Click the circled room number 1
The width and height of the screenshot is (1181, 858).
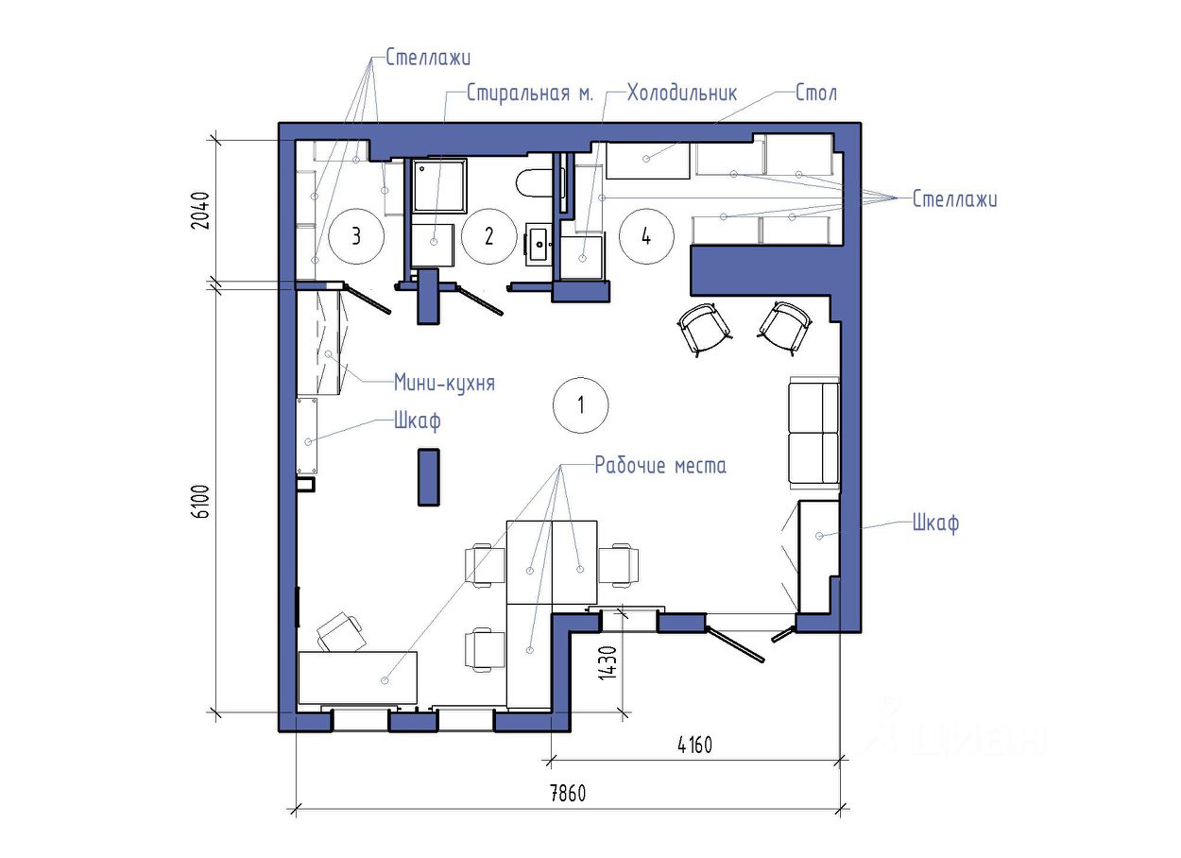pyautogui.click(x=580, y=405)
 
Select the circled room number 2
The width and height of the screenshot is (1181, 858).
pyautogui.click(x=488, y=236)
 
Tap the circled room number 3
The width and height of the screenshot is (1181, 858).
pyautogui.click(x=356, y=236)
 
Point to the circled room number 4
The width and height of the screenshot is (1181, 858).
pyautogui.click(x=646, y=236)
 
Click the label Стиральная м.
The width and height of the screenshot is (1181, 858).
pyautogui.click(x=530, y=94)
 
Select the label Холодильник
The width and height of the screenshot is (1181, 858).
pyautogui.click(x=682, y=94)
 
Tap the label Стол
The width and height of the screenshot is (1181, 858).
pyautogui.click(x=815, y=94)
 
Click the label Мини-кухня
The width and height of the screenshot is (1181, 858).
pyautogui.click(x=444, y=383)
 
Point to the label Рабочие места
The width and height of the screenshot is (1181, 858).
pyautogui.click(x=660, y=465)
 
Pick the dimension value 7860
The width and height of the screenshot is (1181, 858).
pyautogui.click(x=568, y=794)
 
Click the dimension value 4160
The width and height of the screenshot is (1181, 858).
pyautogui.click(x=694, y=746)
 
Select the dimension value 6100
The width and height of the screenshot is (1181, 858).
pyautogui.click(x=201, y=502)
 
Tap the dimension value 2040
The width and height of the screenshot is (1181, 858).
pyautogui.click(x=201, y=211)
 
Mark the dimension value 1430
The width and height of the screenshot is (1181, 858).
pyautogui.click(x=608, y=662)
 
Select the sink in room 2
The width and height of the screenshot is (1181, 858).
pyautogui.click(x=539, y=244)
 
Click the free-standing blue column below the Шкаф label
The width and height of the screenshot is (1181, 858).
pyautogui.click(x=429, y=477)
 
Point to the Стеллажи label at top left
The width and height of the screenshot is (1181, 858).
pyautogui.click(x=428, y=58)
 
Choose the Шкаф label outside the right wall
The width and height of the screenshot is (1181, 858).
pyautogui.click(x=936, y=523)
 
